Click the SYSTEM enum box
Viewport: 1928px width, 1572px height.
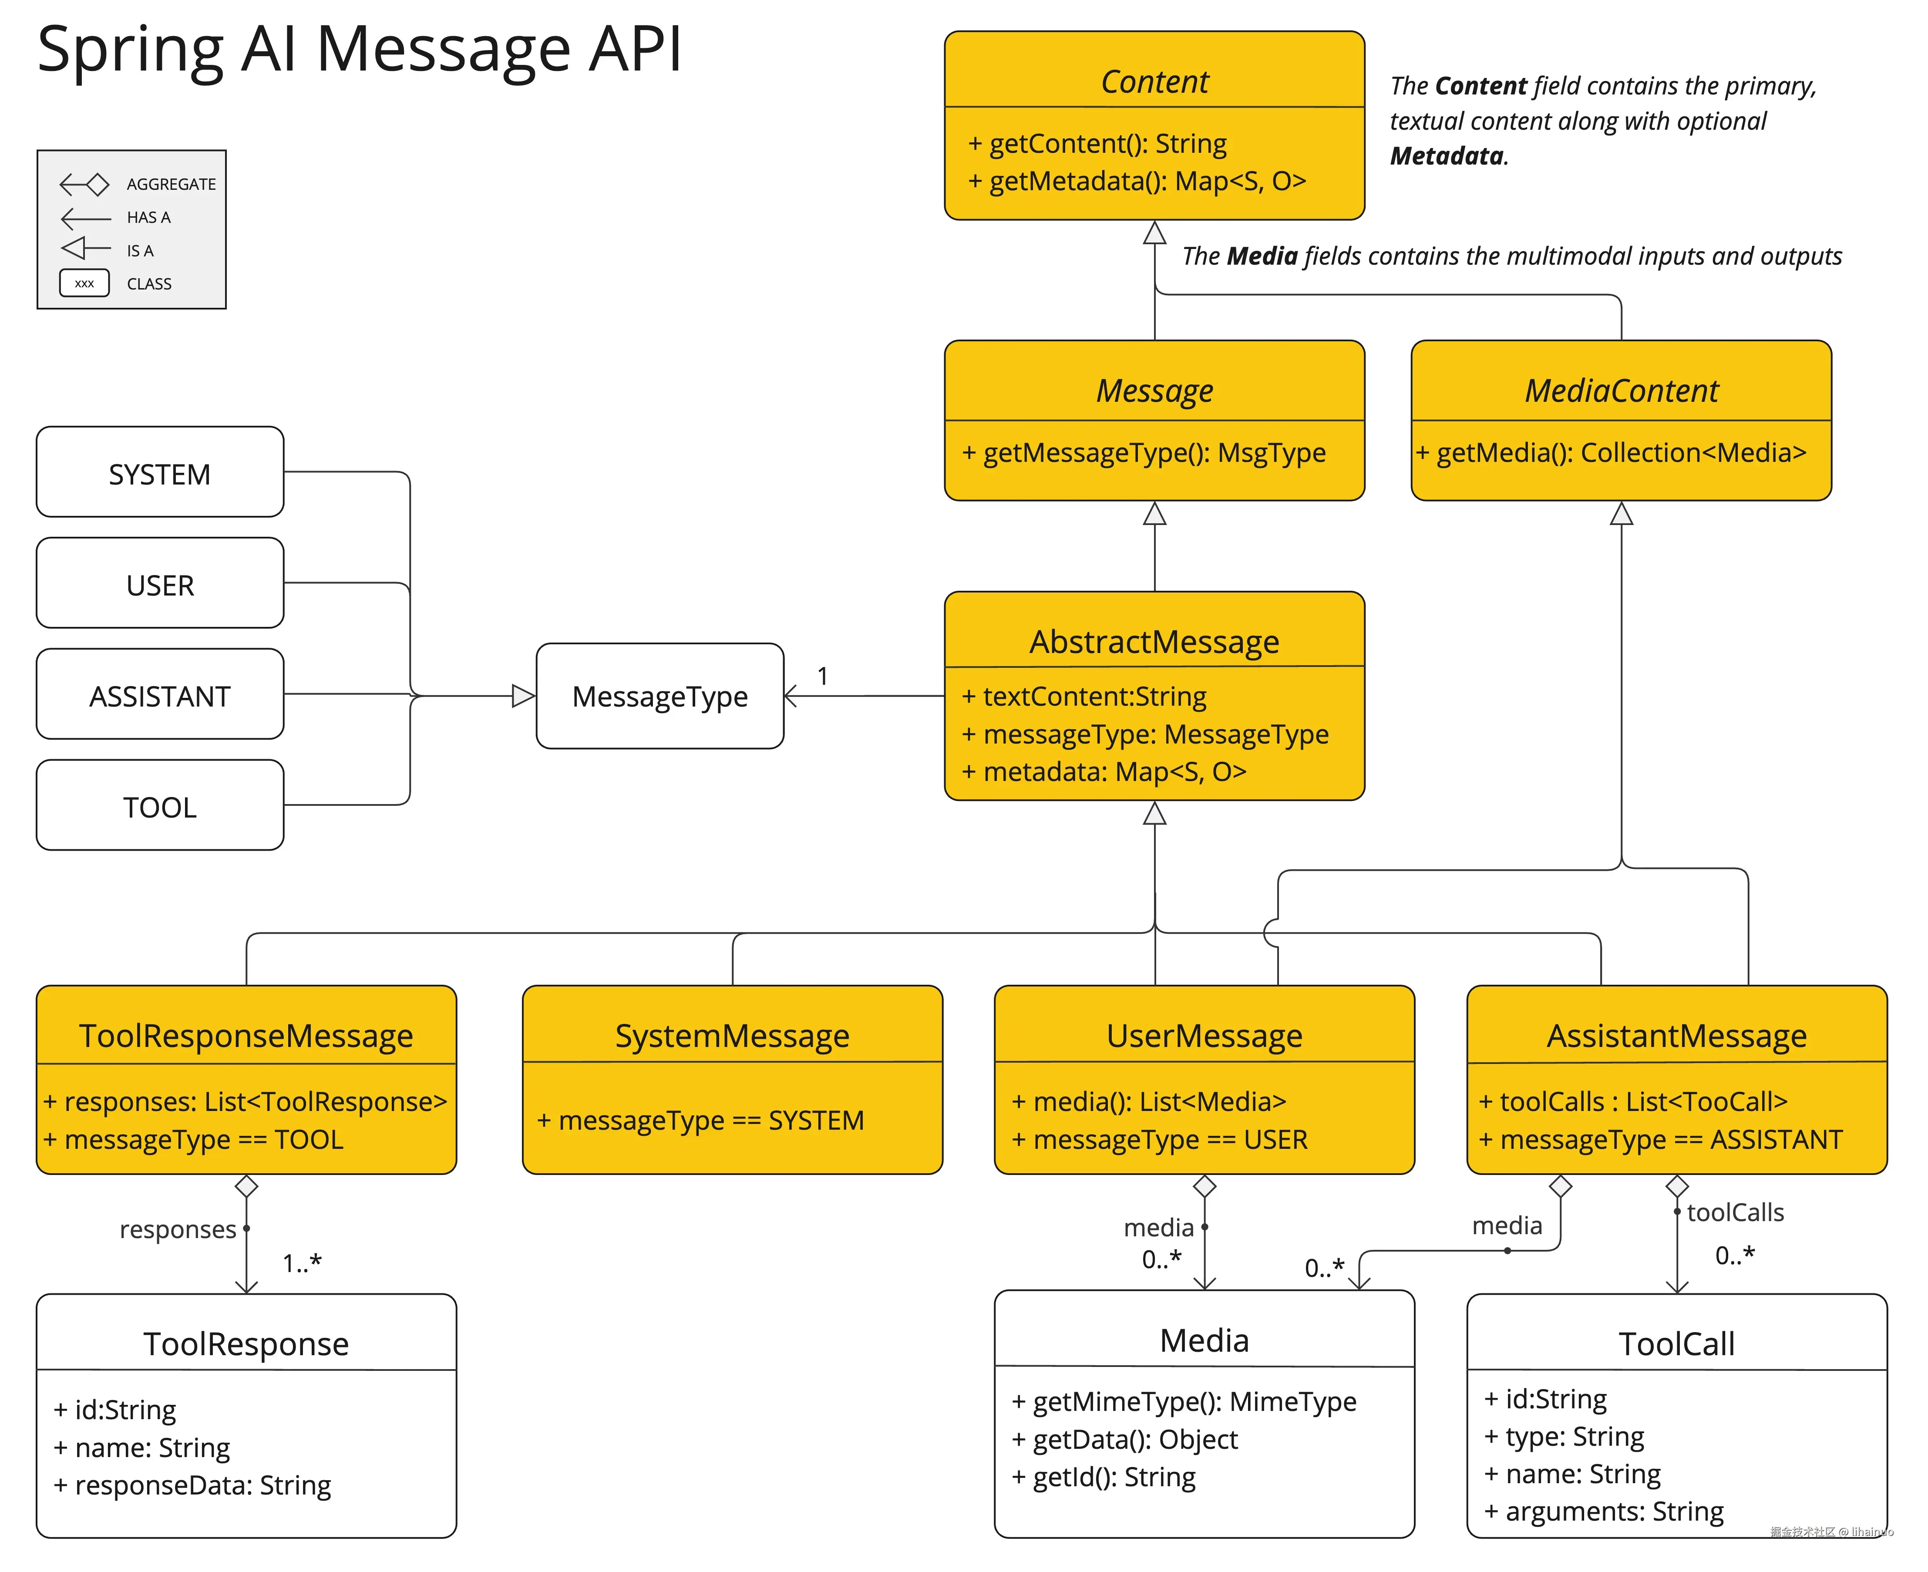tap(159, 473)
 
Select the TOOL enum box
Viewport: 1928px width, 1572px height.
tap(159, 806)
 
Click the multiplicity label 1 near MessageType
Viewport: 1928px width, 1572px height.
tap(822, 676)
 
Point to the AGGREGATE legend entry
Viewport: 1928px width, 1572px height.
tap(170, 184)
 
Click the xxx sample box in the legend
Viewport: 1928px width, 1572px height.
tap(84, 283)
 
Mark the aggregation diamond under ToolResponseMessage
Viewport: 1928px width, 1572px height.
tap(246, 1186)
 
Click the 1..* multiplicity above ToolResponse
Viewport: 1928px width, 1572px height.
tap(302, 1262)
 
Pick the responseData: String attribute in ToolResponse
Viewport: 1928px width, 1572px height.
tap(192, 1485)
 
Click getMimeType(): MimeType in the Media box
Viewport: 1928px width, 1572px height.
tap(1184, 1402)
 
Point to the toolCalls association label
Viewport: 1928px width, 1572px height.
tap(1734, 1212)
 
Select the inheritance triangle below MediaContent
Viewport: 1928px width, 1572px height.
tap(1621, 514)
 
